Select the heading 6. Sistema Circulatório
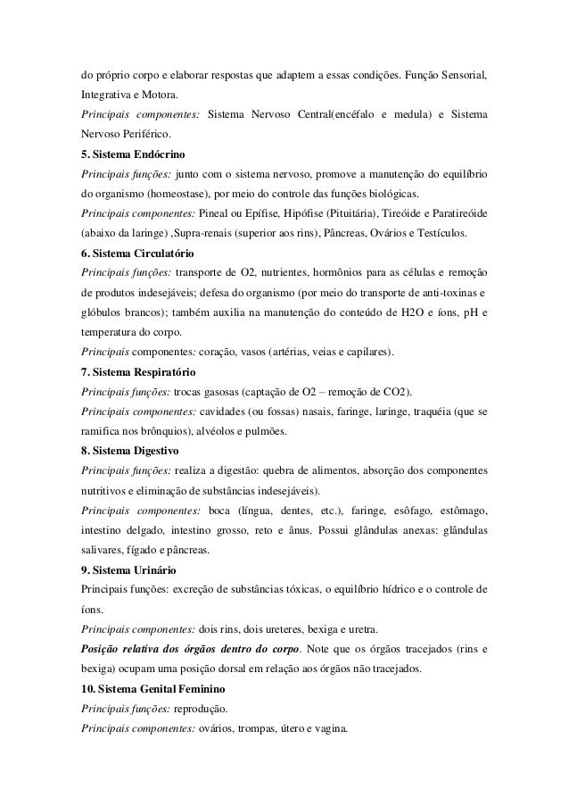tap(138, 253)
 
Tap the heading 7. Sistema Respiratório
tap(138, 371)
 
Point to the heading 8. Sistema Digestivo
tap(130, 451)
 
